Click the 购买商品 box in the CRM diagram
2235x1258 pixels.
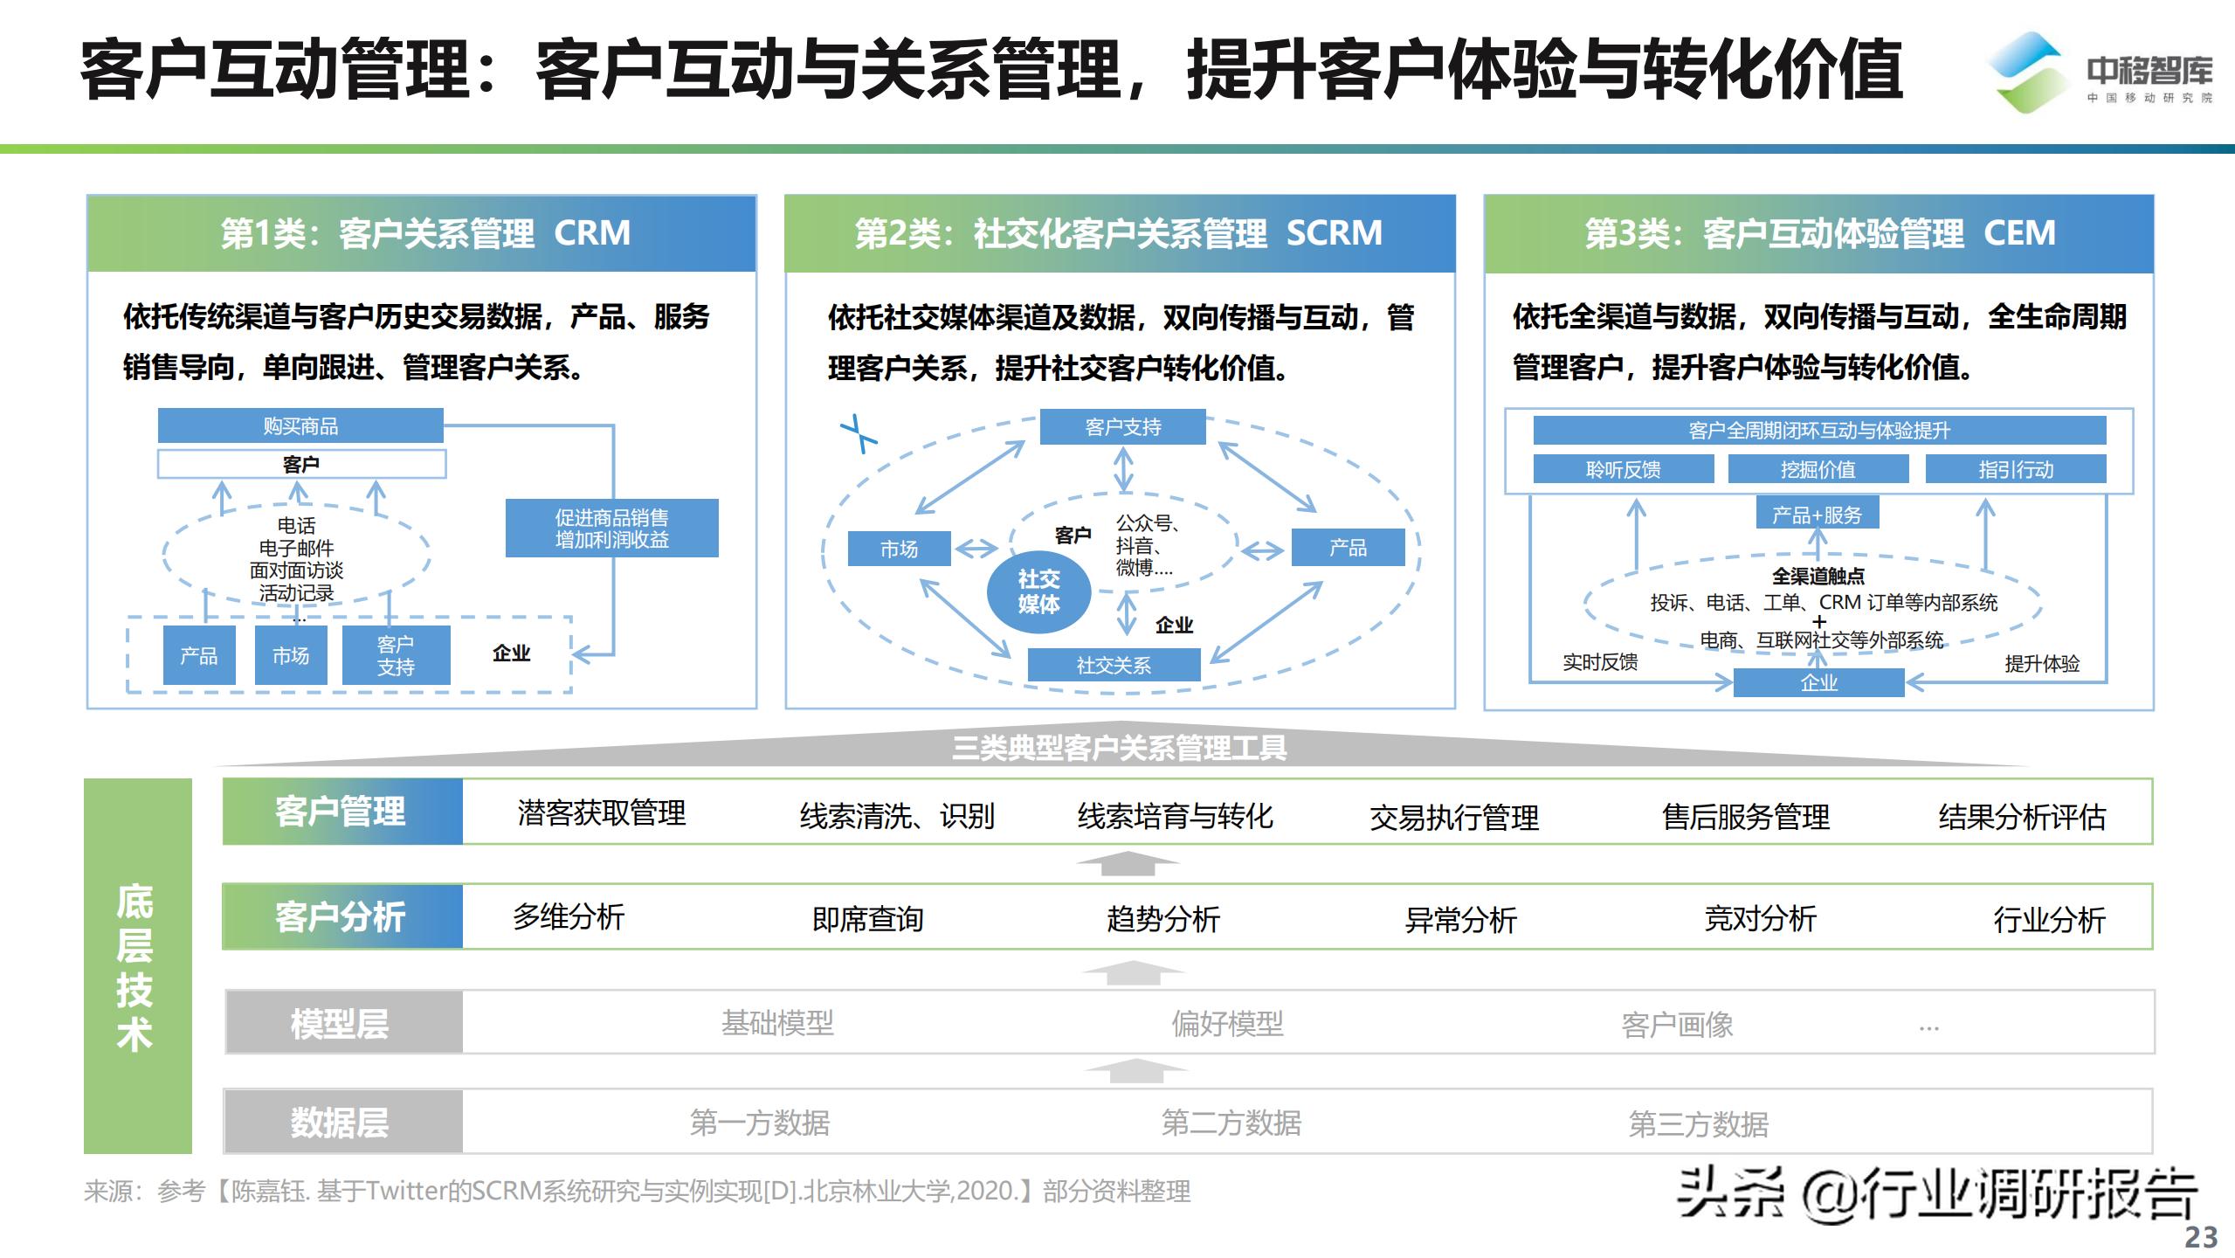[x=300, y=425]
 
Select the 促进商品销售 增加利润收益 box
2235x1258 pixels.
[x=611, y=528]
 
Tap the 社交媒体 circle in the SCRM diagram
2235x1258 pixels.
[x=1038, y=591]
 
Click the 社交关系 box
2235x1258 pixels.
[x=1114, y=665]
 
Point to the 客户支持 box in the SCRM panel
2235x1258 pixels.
[x=1122, y=426]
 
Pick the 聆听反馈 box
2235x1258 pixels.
[x=1623, y=469]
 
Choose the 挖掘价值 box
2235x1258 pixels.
[x=1818, y=469]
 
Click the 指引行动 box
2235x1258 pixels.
[x=2015, y=469]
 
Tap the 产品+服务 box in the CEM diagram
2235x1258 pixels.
[x=1817, y=515]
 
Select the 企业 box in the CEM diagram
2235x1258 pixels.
[x=1818, y=682]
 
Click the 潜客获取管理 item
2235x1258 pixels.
[x=601, y=813]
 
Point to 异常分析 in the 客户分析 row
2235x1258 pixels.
[x=1460, y=919]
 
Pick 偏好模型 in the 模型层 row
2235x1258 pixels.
[x=1227, y=1023]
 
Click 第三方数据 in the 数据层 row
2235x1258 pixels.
[x=1698, y=1123]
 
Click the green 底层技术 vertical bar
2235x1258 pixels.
[x=137, y=965]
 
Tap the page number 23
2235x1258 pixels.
[x=2201, y=1237]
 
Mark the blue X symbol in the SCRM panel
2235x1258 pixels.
[x=859, y=433]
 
